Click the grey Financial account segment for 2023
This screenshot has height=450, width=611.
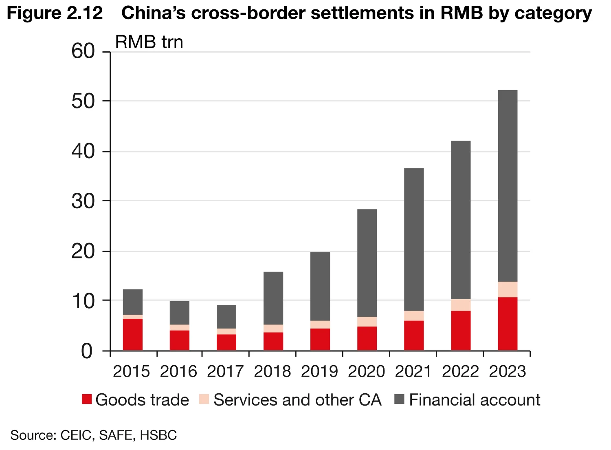point(507,185)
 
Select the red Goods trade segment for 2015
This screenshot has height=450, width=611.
point(133,334)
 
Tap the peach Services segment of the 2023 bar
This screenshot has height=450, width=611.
point(507,289)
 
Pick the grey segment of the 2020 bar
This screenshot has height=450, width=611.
point(367,263)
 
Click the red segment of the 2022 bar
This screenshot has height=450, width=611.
point(461,330)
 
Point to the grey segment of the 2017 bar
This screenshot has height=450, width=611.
point(226,317)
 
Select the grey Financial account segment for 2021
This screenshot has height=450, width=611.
point(414,239)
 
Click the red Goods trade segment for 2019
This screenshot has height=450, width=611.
point(320,339)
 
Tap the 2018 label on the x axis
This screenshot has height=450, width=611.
point(273,371)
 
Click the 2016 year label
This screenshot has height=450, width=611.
point(178,371)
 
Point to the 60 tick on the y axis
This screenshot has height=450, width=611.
point(83,52)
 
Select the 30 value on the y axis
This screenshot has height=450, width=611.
point(83,201)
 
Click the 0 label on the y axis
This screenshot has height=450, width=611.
point(87,351)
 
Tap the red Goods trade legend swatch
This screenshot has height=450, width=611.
point(87,399)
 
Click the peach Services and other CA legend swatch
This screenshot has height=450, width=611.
point(204,399)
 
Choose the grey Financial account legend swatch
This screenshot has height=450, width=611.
point(399,399)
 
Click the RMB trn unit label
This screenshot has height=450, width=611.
point(149,42)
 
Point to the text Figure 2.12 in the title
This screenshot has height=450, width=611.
point(55,13)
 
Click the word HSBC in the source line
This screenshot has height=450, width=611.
point(158,435)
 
